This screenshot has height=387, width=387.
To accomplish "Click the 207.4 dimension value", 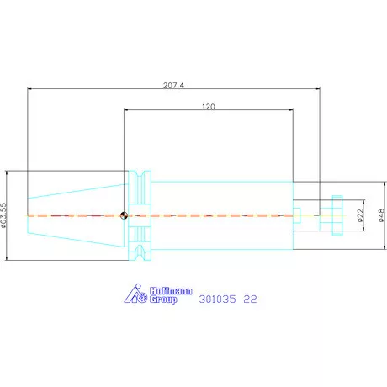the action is pos(173,85).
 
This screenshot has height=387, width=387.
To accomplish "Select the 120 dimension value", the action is pos(209,107).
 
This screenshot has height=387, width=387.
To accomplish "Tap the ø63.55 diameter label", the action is pos(3,215).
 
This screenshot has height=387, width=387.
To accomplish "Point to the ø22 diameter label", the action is pos(361,215).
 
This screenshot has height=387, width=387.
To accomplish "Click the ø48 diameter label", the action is pos(381,215).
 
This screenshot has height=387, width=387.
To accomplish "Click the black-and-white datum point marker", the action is pos(124,215).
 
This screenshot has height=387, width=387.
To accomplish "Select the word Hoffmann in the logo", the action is pos(171,291).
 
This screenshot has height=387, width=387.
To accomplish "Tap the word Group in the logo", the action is pos(163,300).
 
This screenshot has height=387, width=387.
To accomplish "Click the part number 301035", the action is pos(217,300).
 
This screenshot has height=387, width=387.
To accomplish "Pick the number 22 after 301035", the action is pos(250,300).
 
